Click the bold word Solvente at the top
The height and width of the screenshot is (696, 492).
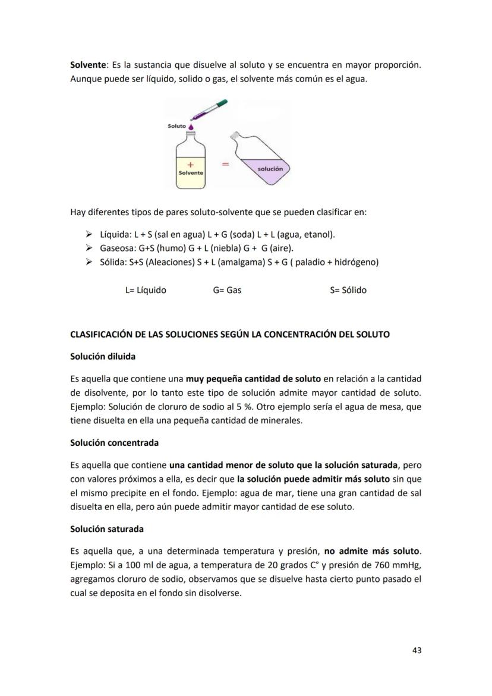click(89, 64)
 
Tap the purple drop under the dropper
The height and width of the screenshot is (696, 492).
click(190, 127)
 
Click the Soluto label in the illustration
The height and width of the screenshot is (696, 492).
click(176, 126)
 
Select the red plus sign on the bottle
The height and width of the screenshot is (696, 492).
click(190, 163)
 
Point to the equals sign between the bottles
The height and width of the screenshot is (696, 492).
click(225, 165)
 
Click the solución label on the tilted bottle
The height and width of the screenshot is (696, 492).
click(270, 169)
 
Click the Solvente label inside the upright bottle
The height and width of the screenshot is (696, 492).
click(191, 172)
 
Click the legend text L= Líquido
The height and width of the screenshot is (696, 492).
click(146, 291)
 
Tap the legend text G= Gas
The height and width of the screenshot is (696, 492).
click(227, 291)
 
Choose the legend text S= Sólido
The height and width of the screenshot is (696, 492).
click(348, 291)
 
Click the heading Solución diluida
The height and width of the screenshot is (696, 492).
click(103, 357)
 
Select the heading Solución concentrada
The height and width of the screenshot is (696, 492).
click(114, 443)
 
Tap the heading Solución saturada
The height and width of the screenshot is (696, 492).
click(107, 529)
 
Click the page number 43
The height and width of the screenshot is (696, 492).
click(417, 650)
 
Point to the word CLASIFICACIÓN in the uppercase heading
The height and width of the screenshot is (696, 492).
click(102, 335)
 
